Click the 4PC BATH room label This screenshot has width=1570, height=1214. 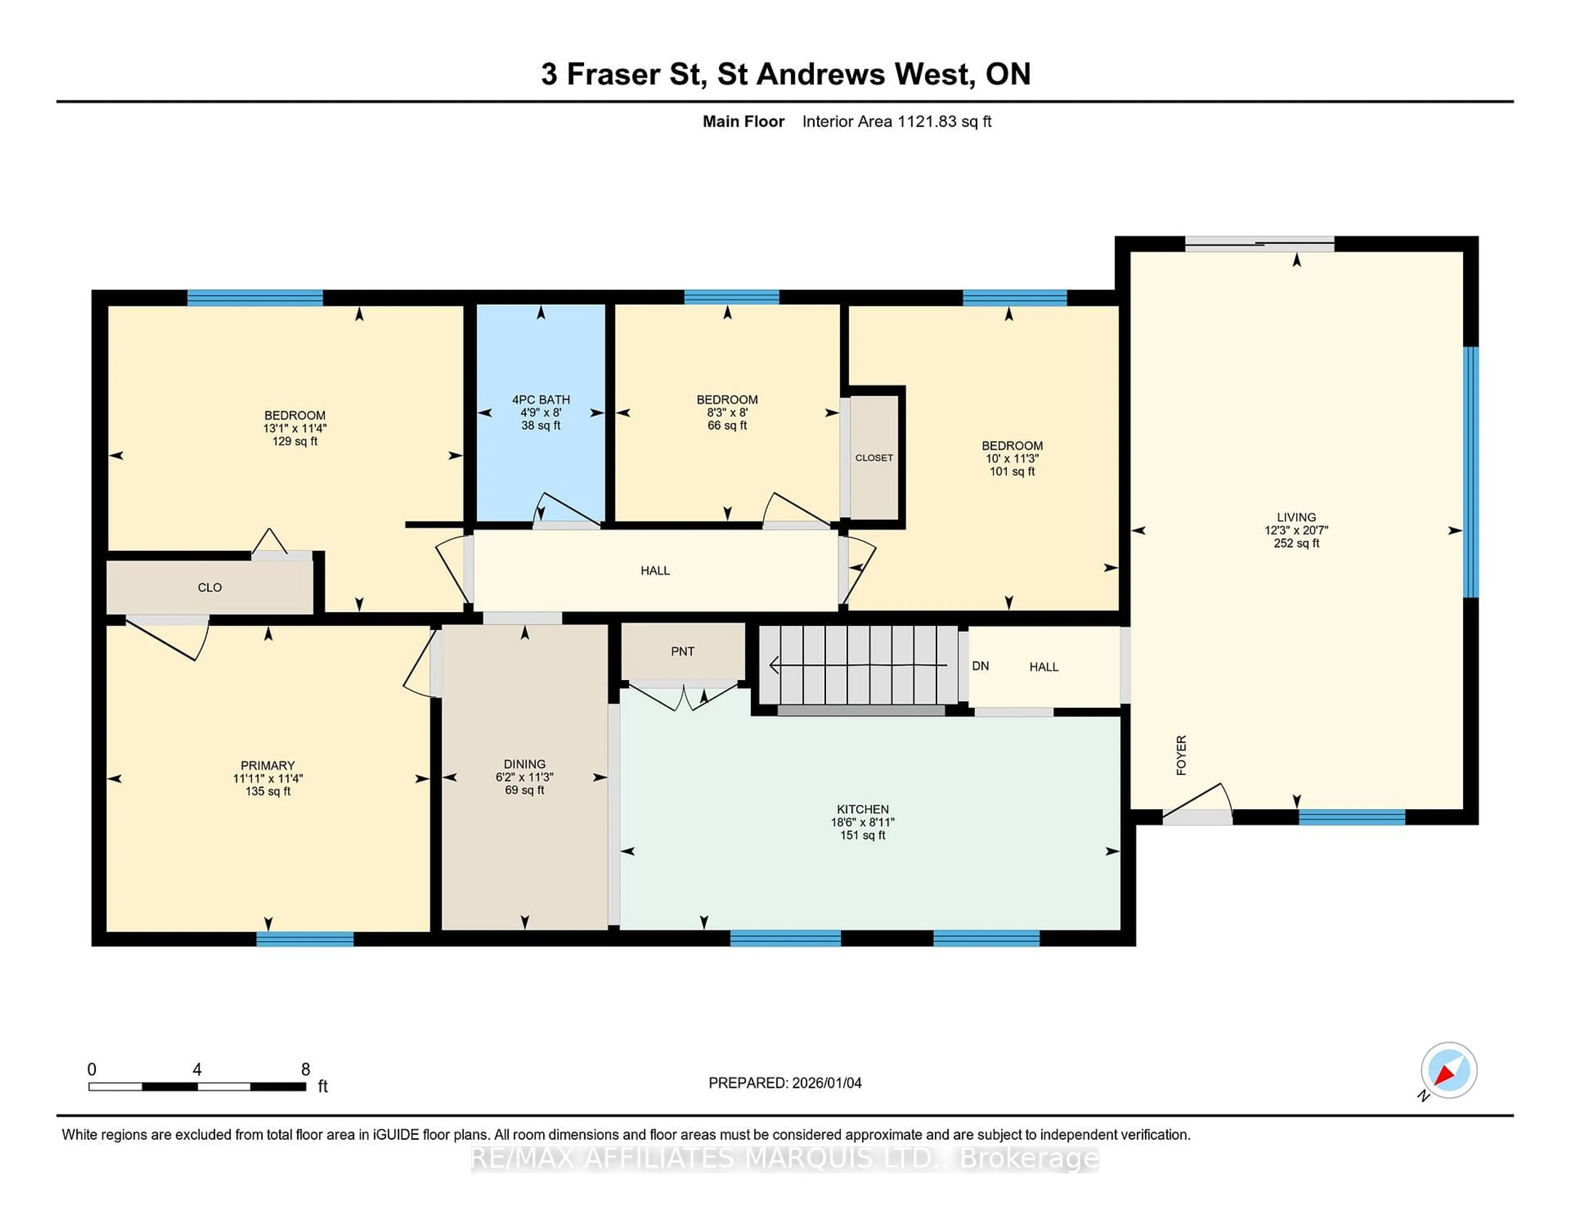[541, 399]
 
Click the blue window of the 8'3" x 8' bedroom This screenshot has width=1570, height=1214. [731, 297]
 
